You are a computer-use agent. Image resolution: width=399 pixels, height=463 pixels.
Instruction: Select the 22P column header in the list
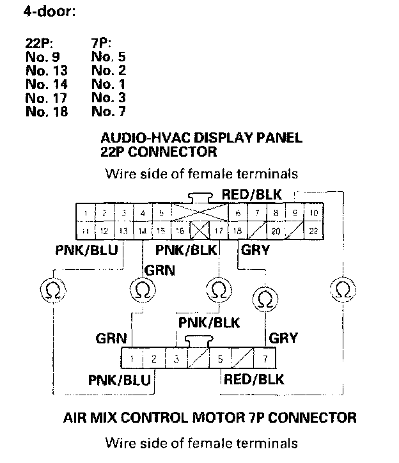pos(40,43)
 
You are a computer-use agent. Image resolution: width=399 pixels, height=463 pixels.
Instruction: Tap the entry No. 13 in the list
pos(47,70)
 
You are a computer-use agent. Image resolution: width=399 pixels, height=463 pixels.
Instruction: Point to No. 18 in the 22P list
pos(47,111)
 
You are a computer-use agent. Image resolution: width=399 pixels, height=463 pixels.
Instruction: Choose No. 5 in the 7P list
pos(109,56)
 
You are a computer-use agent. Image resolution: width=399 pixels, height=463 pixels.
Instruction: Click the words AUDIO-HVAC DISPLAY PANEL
pos(202,138)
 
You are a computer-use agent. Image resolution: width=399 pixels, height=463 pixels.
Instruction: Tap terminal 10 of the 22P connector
pos(313,212)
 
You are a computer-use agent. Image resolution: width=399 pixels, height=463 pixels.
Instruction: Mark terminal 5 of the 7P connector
pos(219,358)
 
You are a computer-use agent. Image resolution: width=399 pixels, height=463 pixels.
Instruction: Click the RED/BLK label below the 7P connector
pos(254,379)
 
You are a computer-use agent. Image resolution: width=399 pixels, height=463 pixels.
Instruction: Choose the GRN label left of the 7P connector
pos(111,338)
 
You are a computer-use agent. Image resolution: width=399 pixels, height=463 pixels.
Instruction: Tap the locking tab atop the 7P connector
pos(194,340)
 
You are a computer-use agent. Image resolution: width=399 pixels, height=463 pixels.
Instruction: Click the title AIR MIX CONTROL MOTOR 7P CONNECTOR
pos(210,418)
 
